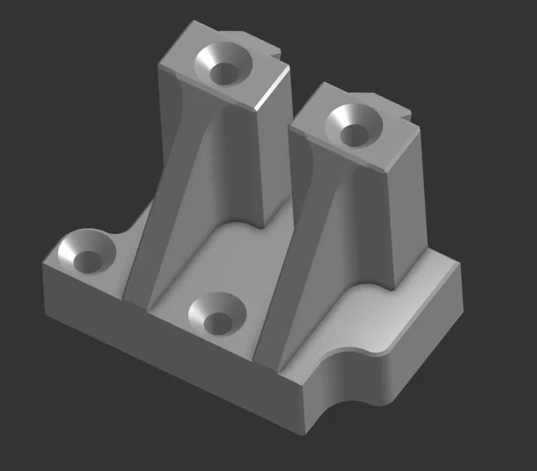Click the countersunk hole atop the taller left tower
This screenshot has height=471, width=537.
pos(223,63)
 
